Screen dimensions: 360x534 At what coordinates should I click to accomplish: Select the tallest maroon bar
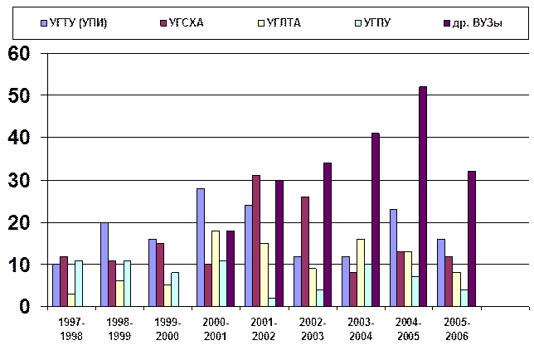click(256, 241)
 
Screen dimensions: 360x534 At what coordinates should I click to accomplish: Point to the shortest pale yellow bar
click(71, 299)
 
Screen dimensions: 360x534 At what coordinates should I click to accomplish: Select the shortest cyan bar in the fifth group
click(272, 302)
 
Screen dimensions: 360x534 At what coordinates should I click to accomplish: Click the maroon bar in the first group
click(64, 281)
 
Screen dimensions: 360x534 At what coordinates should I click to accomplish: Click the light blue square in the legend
click(44, 22)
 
